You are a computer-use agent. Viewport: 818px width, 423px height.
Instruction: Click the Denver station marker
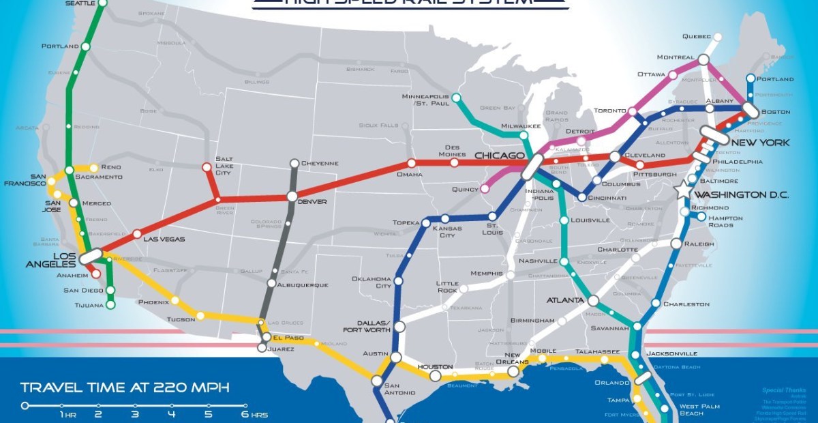coord(292,196)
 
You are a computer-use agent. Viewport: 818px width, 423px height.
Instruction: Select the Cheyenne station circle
coord(294,163)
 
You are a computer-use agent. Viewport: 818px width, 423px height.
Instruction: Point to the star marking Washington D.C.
coord(683,191)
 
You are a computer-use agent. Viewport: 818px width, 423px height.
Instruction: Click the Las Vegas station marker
coord(137,233)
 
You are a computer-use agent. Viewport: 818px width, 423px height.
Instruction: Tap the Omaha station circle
coord(411,163)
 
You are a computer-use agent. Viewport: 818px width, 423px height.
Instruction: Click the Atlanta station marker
coord(593,300)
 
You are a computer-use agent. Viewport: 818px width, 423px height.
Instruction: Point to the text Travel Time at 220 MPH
coord(125,388)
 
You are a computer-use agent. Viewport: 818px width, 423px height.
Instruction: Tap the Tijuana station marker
coord(111,304)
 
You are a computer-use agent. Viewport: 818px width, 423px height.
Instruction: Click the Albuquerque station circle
coord(272,283)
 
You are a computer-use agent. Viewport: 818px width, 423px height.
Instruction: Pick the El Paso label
coord(287,337)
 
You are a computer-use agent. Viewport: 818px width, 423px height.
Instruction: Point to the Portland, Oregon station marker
coord(86,46)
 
